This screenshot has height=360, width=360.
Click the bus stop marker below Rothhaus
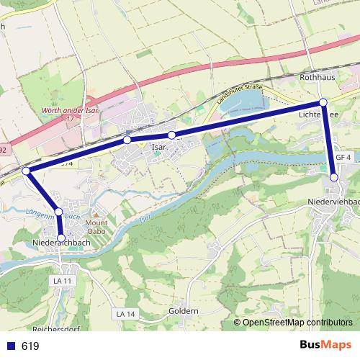coord(323,102)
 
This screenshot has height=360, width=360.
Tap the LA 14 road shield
coord(125,314)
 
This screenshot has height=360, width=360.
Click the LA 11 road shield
coord(64,279)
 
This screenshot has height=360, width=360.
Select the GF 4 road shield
coord(342,158)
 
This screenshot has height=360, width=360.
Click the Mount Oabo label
coord(96,228)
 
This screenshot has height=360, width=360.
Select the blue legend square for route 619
coord(11,346)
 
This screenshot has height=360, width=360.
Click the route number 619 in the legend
coord(30,346)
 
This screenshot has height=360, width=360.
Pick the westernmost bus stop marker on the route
coord(26,171)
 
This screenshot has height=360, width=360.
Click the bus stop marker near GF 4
coord(334,176)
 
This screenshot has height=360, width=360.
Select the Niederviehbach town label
coord(333,202)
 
